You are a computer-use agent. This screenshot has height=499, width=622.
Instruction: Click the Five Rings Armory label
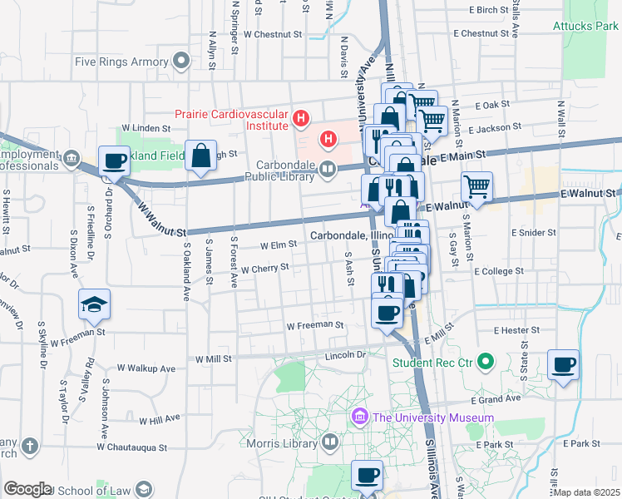pyautogui.click(x=121, y=62)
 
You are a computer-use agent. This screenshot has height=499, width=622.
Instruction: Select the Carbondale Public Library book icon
pyautogui.click(x=328, y=171)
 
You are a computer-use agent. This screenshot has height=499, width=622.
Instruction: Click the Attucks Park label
pyautogui.click(x=585, y=26)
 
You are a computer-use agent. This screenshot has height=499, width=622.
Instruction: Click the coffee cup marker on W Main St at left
pyautogui.click(x=115, y=161)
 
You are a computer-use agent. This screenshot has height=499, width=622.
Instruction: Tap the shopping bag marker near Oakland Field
pyautogui.click(x=201, y=156)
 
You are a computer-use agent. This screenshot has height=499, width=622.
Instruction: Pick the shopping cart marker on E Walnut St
pyautogui.click(x=476, y=186)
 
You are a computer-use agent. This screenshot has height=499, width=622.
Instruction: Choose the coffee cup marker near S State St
pyautogui.click(x=564, y=364)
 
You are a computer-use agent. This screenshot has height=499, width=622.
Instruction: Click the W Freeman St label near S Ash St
pyautogui.click(x=315, y=325)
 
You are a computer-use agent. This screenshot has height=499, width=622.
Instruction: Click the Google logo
pyautogui.click(x=28, y=489)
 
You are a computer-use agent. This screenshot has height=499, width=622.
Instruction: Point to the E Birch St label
pyautogui.click(x=488, y=10)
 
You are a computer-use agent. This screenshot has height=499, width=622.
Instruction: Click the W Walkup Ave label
pyautogui.click(x=146, y=368)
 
